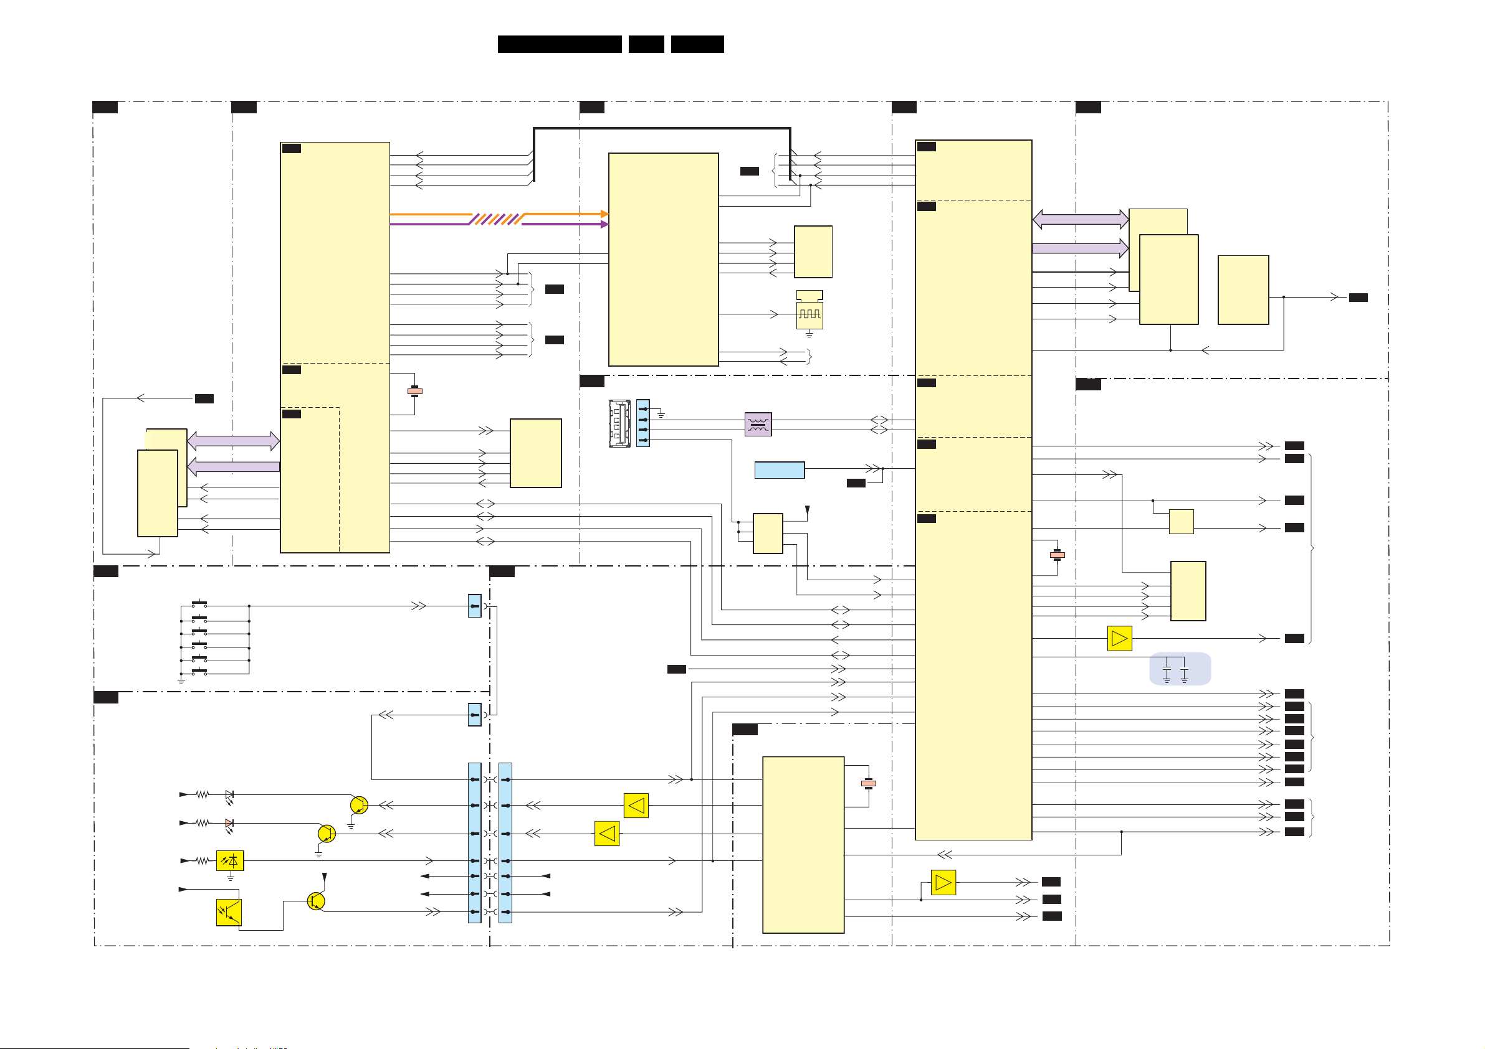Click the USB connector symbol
coord(619,424)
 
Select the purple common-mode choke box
coord(758,425)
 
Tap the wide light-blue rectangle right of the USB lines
coord(780,470)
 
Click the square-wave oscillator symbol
coord(809,314)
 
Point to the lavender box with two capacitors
coord(1180,669)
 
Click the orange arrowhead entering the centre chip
coord(604,214)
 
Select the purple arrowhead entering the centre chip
coord(604,224)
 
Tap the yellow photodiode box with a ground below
coord(229,861)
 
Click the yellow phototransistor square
coord(228,913)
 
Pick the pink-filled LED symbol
coord(229,824)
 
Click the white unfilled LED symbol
coord(229,794)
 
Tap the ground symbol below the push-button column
coord(181,681)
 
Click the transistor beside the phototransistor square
coord(315,901)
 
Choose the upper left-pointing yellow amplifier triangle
coord(636,806)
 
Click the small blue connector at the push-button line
coord(474,606)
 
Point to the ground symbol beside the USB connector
coord(661,414)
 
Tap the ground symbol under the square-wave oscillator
coord(809,335)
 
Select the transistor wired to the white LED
coord(359,806)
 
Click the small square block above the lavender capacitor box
coord(1181,522)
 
